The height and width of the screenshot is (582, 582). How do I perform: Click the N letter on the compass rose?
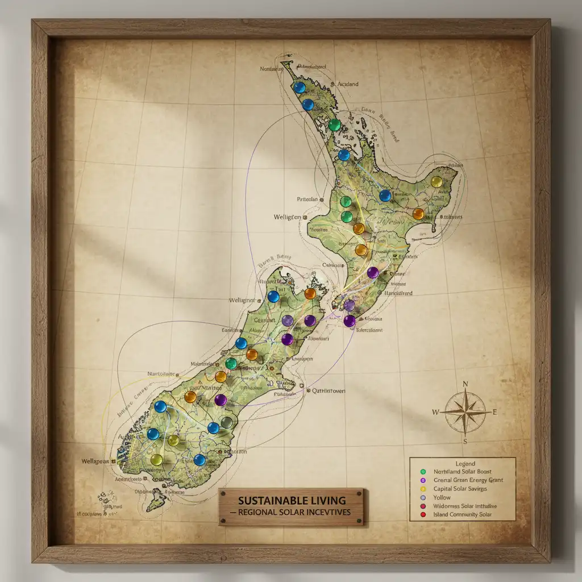tap(465, 384)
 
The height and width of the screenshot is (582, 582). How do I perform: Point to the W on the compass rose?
tap(436, 411)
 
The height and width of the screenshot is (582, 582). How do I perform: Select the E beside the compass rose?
tap(494, 412)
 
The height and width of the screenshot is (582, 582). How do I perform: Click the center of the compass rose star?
tap(465, 411)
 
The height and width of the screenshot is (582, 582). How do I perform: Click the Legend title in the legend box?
tap(465, 464)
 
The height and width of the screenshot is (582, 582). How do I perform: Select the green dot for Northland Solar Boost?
tap(422, 472)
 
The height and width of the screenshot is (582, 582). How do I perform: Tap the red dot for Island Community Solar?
tap(422, 515)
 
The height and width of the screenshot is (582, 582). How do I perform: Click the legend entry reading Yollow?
tap(443, 497)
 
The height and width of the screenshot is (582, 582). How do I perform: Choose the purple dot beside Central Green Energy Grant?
tap(422, 480)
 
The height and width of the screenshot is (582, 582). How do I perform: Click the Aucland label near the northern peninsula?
tap(348, 84)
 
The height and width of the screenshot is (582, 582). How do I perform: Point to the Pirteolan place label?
tap(310, 199)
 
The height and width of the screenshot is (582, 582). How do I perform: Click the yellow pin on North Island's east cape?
tap(436, 182)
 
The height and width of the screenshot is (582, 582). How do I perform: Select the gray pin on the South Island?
tap(227, 422)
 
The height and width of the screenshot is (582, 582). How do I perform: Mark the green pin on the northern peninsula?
tap(335, 124)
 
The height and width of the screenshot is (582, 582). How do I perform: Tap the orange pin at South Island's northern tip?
tap(310, 293)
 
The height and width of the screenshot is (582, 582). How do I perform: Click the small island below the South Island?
tap(155, 501)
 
